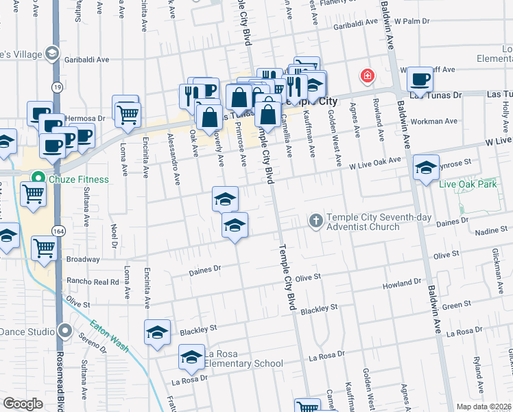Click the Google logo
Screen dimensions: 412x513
pos(23,404)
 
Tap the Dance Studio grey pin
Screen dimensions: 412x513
pos(64,331)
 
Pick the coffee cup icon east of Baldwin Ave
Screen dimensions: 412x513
pos(420,79)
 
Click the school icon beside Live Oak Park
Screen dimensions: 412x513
pos(426,168)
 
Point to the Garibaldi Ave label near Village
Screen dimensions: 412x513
pos(86,60)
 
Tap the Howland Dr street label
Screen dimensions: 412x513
pos(403,282)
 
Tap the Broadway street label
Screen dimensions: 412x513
pos(83,260)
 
